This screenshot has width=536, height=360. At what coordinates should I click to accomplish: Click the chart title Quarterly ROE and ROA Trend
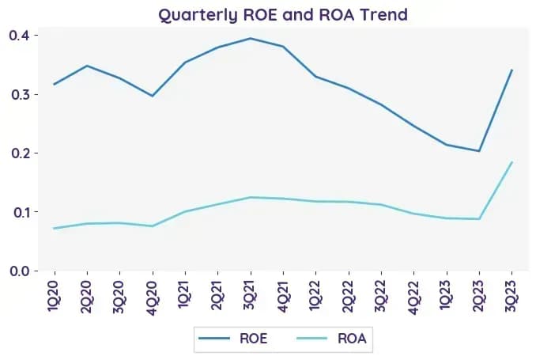[283, 15]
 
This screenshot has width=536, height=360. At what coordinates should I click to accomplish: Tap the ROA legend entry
[332, 339]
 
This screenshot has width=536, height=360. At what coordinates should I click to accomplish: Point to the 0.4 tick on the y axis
[20, 36]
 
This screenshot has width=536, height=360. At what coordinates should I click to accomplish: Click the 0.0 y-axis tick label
[20, 271]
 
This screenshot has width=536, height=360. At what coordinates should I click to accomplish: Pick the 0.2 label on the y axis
[20, 153]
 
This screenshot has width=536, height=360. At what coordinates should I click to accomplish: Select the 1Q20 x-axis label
[55, 296]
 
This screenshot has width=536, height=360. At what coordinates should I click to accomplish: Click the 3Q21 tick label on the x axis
[251, 295]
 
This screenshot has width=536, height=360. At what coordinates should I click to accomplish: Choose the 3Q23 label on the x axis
[511, 296]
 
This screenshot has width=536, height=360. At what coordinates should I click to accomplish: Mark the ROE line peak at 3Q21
[251, 38]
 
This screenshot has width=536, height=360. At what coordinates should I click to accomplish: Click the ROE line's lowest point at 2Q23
[479, 151]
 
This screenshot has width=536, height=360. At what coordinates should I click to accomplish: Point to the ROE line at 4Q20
[153, 96]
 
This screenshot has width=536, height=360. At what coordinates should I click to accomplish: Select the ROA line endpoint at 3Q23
[511, 162]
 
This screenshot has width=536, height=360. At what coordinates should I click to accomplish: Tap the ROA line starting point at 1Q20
[55, 228]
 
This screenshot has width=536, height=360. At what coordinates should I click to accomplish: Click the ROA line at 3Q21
[251, 197]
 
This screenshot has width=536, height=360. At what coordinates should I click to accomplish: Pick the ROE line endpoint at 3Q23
[511, 70]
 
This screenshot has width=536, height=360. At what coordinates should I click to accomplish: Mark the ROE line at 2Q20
[88, 66]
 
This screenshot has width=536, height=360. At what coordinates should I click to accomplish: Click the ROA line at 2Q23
[479, 218]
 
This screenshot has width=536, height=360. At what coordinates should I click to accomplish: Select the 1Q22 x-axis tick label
[316, 296]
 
